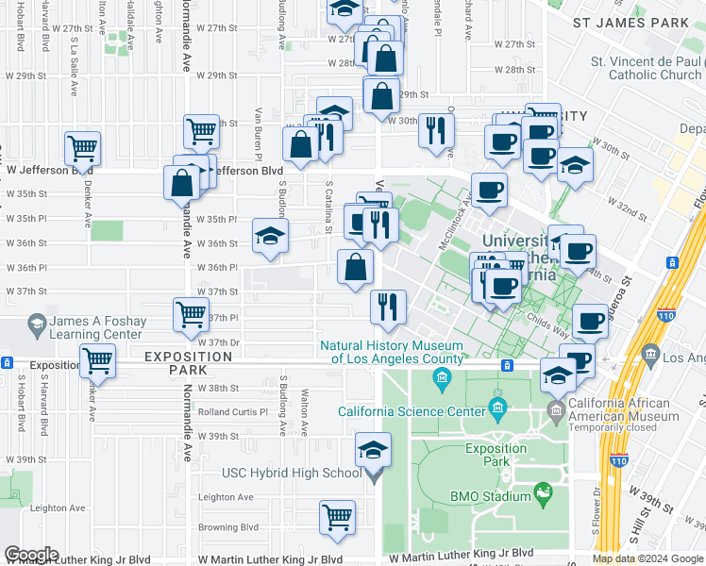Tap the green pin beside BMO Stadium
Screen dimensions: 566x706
(542, 492)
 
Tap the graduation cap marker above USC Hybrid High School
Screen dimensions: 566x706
(374, 450)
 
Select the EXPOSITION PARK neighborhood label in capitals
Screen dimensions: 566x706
(189, 364)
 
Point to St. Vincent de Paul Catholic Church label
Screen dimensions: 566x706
(647, 69)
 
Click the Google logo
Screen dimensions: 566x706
(31, 555)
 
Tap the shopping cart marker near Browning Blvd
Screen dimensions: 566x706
(337, 517)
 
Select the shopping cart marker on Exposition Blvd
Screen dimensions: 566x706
(97, 360)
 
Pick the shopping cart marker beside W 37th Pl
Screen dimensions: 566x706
(192, 314)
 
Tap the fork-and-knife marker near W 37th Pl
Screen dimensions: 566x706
(388, 307)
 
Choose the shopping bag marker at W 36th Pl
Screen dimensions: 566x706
(355, 267)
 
